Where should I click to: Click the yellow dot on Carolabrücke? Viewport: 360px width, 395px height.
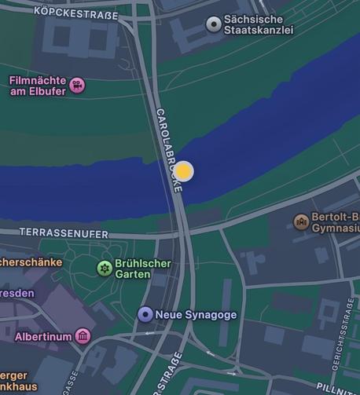click(183, 171)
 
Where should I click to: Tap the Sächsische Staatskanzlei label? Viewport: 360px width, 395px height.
click(259, 24)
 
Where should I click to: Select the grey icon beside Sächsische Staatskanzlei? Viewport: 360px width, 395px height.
click(213, 24)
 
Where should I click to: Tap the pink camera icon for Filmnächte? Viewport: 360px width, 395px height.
click(77, 85)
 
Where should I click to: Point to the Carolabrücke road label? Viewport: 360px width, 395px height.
click(169, 150)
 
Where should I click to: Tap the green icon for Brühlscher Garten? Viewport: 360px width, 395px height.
click(104, 269)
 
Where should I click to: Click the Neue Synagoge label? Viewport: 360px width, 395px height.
click(196, 315)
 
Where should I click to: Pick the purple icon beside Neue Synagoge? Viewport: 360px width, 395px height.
click(145, 315)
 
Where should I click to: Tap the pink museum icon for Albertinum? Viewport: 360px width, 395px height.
click(83, 337)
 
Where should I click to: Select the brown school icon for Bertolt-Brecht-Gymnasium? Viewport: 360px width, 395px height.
click(301, 222)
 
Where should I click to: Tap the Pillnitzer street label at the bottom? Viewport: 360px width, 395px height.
click(337, 388)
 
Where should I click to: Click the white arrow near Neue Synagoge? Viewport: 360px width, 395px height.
click(149, 334)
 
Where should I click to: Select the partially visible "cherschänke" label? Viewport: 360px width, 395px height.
click(30, 262)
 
